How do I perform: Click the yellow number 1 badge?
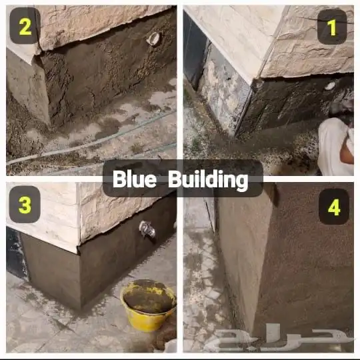coord(332,27)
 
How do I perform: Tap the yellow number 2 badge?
coord(25,26)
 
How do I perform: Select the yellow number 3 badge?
coord(25,205)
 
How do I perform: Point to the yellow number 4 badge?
coord(334,207)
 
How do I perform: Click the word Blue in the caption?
coord(134,179)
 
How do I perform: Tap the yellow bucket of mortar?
coord(148,305)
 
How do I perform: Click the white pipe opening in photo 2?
coord(153,39)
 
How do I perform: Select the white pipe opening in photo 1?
coord(330,85)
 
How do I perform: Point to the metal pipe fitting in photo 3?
coord(147,230)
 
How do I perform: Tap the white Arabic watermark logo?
coord(278,337)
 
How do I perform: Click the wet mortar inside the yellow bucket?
coord(148,296)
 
